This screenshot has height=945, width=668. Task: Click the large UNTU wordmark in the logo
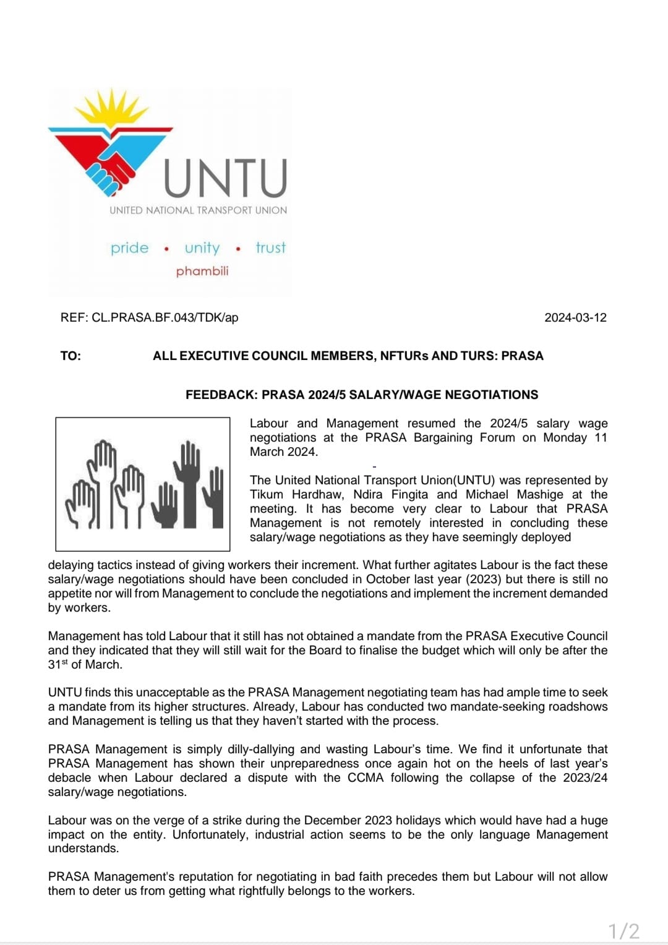coord(226,177)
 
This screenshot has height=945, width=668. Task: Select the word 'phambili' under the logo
coord(202,271)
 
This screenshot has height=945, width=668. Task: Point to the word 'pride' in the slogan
coord(130,248)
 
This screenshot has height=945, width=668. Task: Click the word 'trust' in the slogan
coord(271,248)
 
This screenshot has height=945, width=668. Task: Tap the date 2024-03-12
coord(575,318)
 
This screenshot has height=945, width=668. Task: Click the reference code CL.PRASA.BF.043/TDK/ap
coord(165,318)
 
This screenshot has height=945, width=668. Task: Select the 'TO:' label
coord(71,356)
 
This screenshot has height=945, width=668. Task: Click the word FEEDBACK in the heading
coord(221,395)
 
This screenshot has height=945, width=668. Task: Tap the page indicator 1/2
coord(623,931)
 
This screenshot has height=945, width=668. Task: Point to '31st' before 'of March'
coord(58,665)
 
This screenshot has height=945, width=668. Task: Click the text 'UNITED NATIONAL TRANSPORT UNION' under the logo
coord(198,210)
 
